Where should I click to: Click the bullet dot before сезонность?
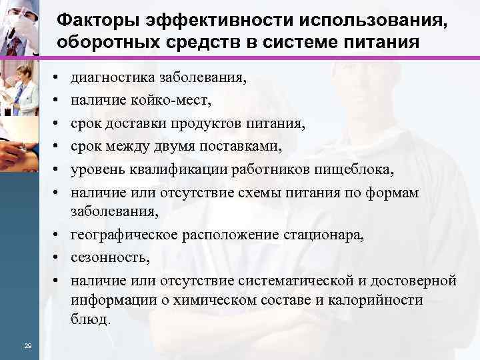tap(59, 255)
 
